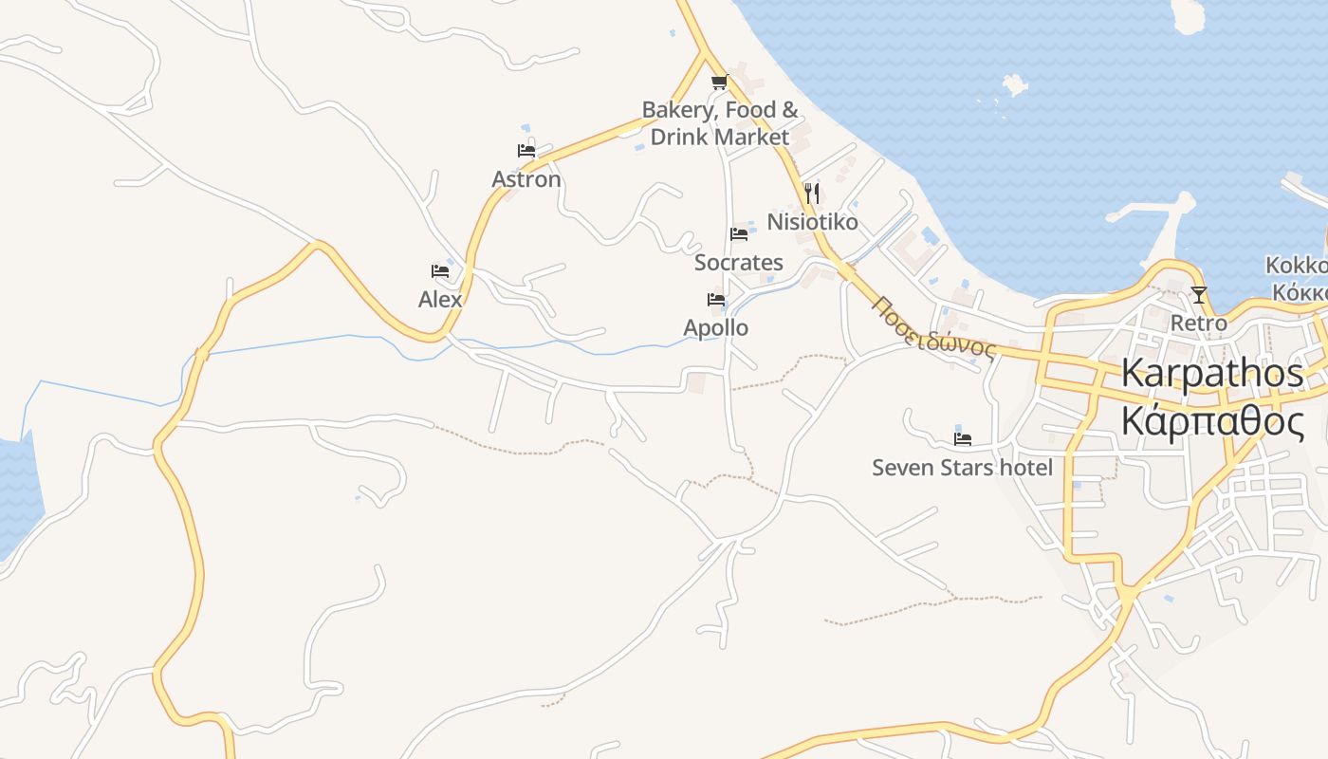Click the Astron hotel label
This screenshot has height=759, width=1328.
coord(526,179)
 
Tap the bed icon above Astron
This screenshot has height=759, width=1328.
coord(526,150)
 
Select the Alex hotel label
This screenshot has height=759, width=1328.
coord(440,300)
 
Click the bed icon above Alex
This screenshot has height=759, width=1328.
coord(440,271)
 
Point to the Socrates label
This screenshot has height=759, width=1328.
coord(739,263)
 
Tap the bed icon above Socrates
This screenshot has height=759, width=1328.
coord(739,234)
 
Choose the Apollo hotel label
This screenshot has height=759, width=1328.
coord(716,328)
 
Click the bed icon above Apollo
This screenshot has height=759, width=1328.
coord(716,300)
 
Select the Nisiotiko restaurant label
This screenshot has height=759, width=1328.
coord(812,222)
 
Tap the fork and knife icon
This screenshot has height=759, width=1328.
coord(811,194)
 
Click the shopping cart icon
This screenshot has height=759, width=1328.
coord(720,82)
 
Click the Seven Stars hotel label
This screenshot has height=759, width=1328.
coord(962,468)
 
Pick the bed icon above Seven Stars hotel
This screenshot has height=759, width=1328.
coord(963,439)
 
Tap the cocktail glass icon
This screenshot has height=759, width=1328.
coord(1199,295)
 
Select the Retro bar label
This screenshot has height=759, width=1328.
coord(1198,324)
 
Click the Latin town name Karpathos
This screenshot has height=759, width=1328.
coord(1212,373)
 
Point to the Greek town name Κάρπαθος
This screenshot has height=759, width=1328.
coord(1212,420)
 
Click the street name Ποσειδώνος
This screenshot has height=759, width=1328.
coord(934,329)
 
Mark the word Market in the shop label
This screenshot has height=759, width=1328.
coord(752,137)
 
